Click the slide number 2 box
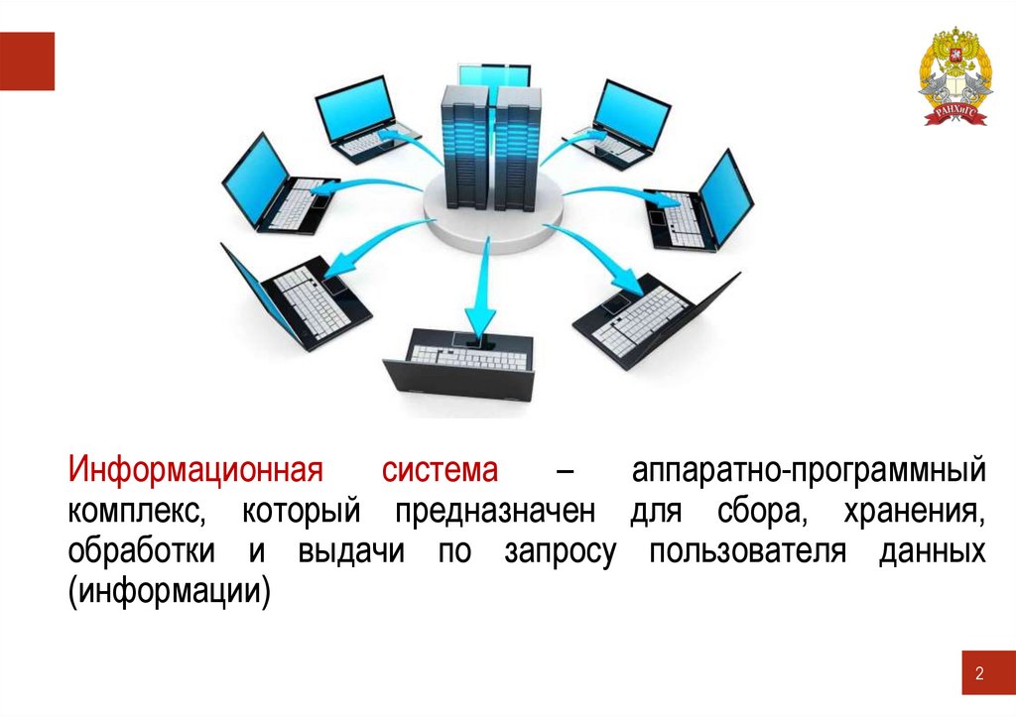point(979,674)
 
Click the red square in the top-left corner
point(27,60)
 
